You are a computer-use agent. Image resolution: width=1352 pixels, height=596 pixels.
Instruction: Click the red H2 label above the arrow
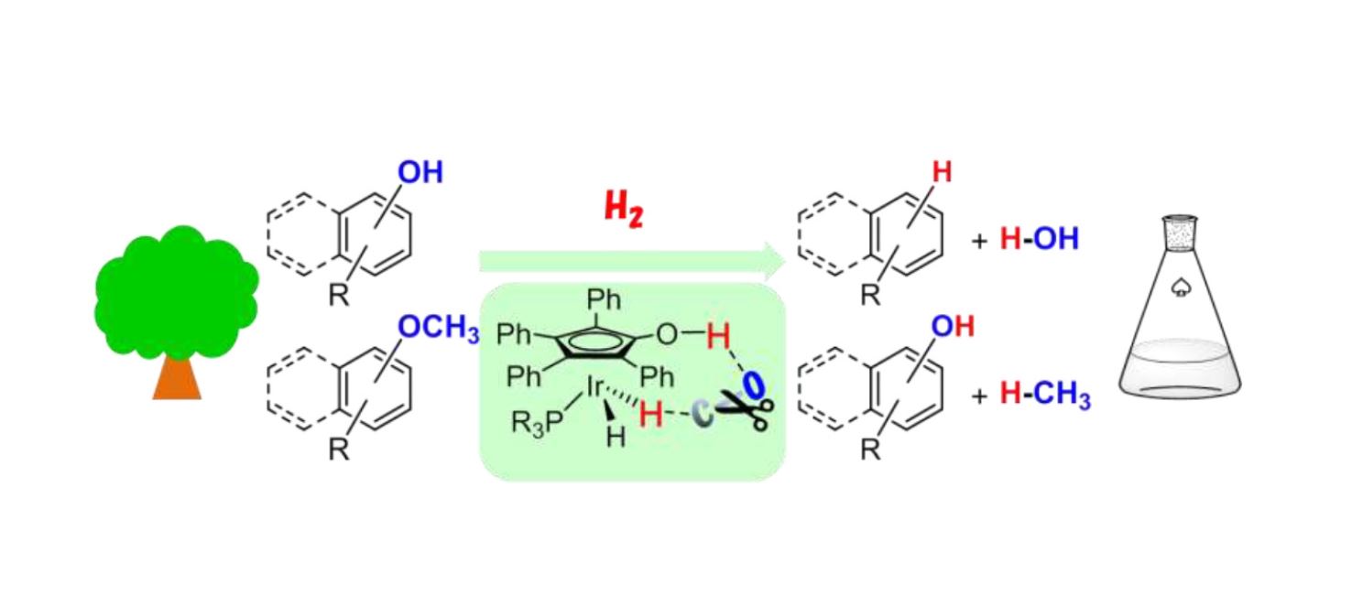point(624,209)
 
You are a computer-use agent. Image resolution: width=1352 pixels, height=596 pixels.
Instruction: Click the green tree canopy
point(176,293)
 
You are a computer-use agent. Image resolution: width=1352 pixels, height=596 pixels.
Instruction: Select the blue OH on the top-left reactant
point(420,172)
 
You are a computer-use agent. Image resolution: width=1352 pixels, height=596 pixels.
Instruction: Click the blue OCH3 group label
point(439,328)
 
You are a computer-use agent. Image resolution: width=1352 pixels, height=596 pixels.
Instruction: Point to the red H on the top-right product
point(942,172)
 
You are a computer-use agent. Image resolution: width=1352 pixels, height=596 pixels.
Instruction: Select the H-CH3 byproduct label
point(1045,395)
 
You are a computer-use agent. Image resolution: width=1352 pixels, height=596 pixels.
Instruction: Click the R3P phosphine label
point(537,423)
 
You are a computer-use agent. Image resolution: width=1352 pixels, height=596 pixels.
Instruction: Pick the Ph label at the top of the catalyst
point(604,299)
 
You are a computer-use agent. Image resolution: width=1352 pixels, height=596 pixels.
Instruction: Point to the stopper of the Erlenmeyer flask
point(1180,233)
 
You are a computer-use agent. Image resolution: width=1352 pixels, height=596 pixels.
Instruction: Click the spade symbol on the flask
point(1180,287)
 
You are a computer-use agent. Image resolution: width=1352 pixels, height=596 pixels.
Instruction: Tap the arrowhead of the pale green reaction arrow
point(774,261)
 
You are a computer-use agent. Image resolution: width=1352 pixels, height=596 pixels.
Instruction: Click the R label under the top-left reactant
point(339,295)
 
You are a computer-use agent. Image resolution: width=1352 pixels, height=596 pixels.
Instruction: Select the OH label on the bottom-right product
point(953,326)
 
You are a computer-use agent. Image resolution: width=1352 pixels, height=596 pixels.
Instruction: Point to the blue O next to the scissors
point(753,385)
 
